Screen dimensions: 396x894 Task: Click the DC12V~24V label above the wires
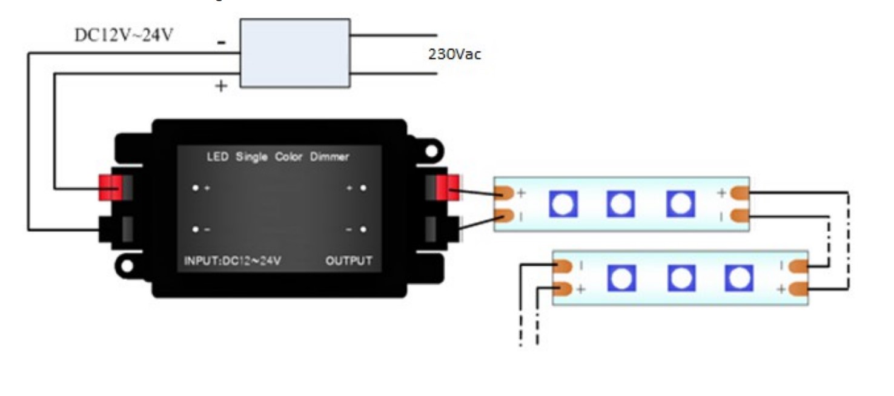pos(124,35)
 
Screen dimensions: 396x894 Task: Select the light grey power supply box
pos(295,53)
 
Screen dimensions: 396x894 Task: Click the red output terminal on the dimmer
pos(448,188)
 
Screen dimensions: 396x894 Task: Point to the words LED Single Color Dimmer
pos(279,157)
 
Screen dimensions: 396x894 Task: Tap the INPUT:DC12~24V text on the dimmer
pos(233,262)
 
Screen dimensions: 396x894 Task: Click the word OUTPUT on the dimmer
pos(349,262)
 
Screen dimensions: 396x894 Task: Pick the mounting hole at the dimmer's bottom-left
pos(127,266)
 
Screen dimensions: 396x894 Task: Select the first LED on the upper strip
pos(563,204)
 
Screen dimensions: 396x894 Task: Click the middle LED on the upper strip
pos(621,204)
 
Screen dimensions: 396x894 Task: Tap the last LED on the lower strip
pos(738,278)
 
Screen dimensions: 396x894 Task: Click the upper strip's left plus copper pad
pos(505,193)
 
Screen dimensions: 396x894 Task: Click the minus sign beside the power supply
pos(222,43)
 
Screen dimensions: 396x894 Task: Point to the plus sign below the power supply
pos(222,87)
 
